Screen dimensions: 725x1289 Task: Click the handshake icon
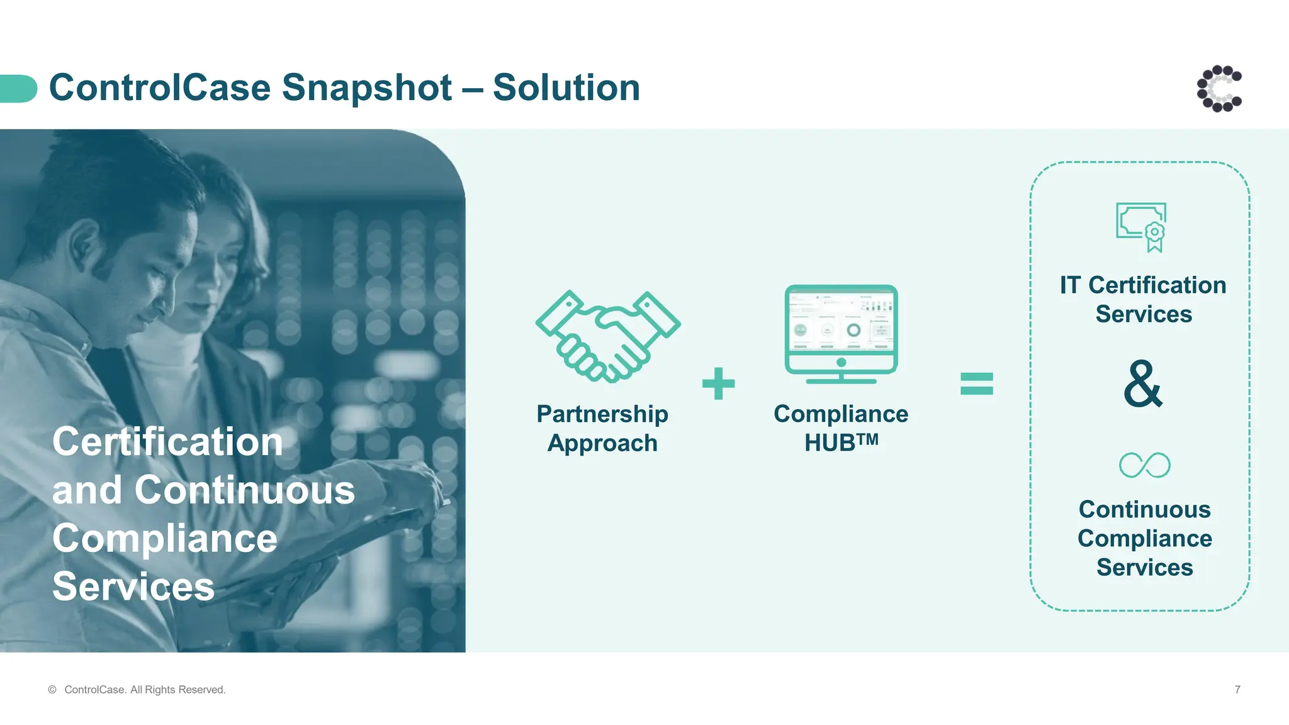[x=607, y=337]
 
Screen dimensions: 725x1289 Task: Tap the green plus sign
[x=718, y=384]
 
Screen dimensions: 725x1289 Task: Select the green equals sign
[x=976, y=384]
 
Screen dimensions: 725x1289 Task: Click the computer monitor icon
[x=841, y=334]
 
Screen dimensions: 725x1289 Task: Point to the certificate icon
[x=1141, y=227]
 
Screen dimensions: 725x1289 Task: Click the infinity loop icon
[x=1144, y=465]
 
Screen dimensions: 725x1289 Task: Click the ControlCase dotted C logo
[x=1219, y=89]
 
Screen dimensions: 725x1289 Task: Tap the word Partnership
[x=602, y=414]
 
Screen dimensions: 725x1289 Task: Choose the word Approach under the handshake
[x=602, y=443]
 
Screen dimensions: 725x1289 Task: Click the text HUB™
[x=841, y=442]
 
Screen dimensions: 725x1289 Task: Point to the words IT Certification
[x=1143, y=285]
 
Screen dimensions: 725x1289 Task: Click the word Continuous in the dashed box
[x=1144, y=509]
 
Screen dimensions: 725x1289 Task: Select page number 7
[x=1237, y=690]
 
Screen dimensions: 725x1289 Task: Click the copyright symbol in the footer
[x=52, y=690]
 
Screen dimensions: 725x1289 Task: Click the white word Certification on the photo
[x=167, y=442]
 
